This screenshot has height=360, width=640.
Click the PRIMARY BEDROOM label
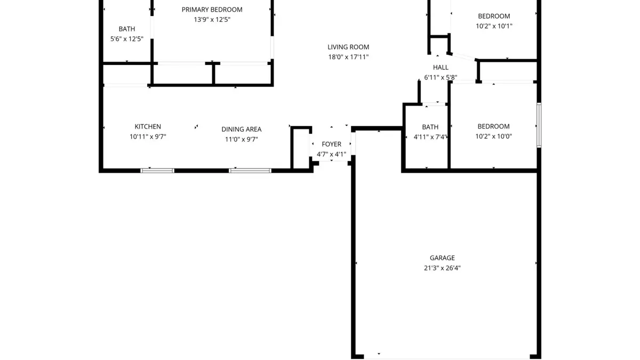tap(212, 10)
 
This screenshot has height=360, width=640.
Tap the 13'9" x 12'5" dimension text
tap(212, 20)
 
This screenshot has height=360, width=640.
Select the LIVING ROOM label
tap(348, 47)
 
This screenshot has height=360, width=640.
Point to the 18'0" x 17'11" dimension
tap(348, 57)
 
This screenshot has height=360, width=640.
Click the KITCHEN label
tap(148, 126)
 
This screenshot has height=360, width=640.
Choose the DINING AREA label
tap(241, 129)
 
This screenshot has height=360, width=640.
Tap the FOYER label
tap(331, 144)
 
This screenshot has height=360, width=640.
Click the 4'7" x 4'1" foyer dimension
tap(331, 155)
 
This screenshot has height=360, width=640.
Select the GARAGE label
tap(442, 258)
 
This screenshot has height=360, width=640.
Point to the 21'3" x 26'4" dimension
tap(442, 268)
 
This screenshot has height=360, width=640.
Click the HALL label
tap(441, 67)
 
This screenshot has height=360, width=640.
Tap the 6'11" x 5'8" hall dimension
tap(441, 77)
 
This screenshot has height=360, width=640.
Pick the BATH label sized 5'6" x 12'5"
tap(127, 29)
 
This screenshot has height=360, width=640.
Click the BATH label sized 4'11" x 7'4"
tap(430, 127)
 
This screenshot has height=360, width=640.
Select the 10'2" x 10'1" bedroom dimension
tap(494, 26)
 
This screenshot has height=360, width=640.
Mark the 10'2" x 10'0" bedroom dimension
tap(493, 137)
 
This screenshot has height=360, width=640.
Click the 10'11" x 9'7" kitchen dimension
tap(148, 137)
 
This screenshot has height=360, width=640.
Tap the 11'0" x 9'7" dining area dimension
tap(241, 139)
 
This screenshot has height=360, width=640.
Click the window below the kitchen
tap(157, 171)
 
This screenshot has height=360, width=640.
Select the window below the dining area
tap(250, 171)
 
